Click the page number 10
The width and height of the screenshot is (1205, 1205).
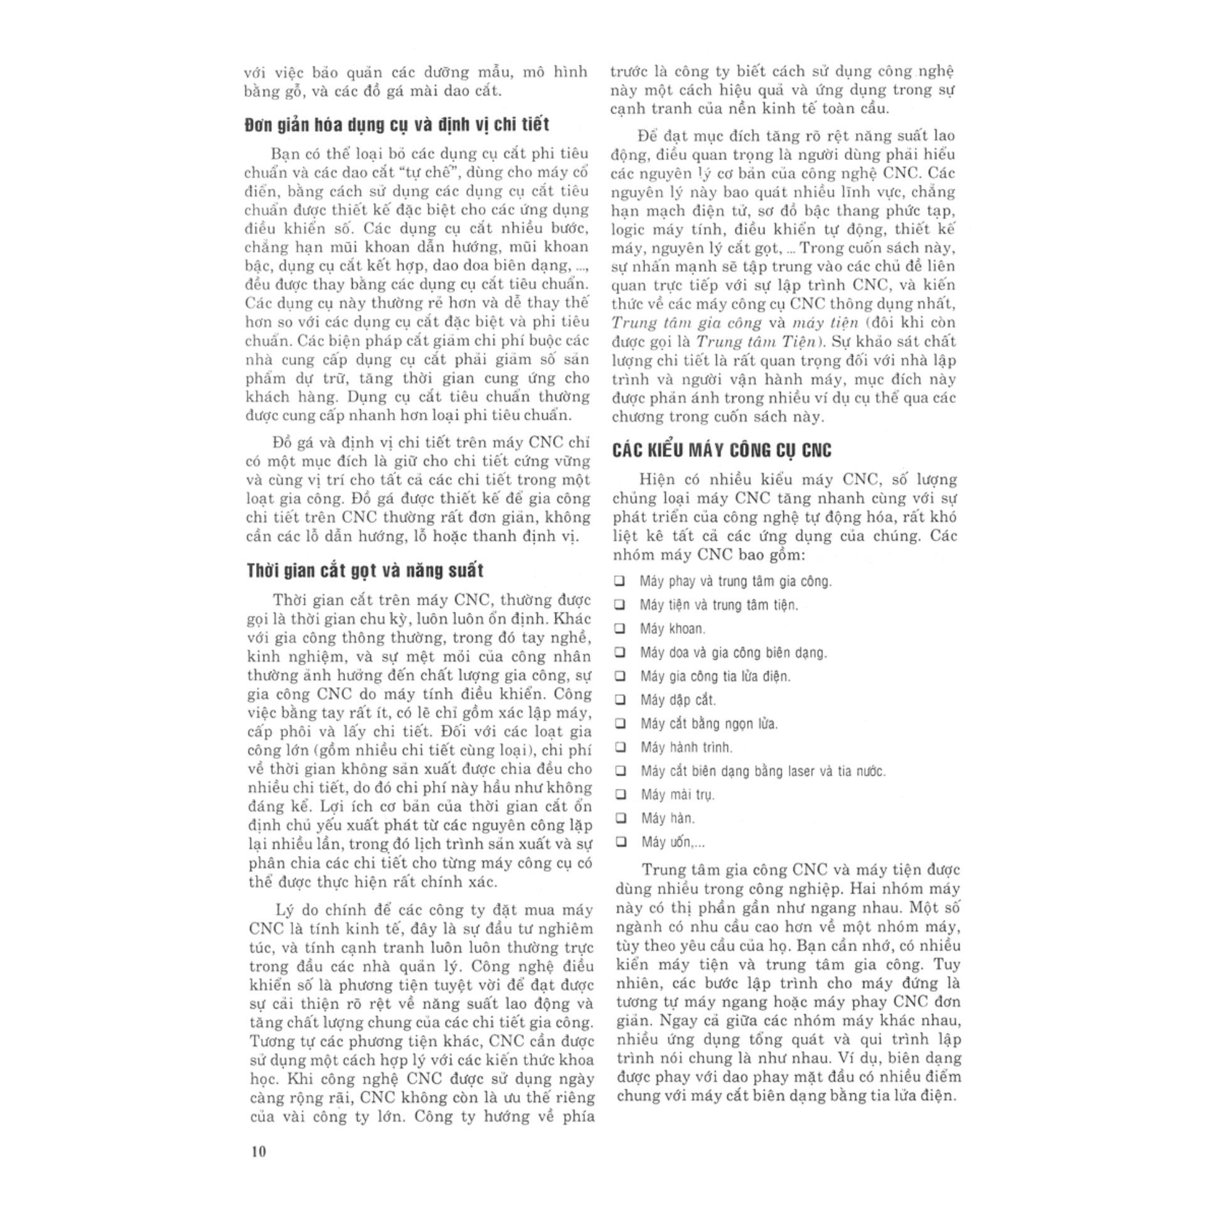coord(258,1152)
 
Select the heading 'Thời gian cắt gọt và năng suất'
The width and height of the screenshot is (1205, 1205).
coord(365,570)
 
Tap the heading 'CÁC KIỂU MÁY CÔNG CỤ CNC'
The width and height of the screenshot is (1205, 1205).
coord(722,450)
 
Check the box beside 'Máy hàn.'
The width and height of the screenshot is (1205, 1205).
coord(621,818)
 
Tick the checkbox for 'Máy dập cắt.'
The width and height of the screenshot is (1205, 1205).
coord(621,700)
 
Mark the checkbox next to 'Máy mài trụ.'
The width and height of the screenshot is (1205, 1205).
coord(621,795)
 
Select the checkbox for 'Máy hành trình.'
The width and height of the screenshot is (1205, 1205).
coord(621,747)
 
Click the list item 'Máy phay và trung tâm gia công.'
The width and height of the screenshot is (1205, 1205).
coord(735,581)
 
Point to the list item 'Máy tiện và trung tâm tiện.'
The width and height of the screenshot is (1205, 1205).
coord(719,605)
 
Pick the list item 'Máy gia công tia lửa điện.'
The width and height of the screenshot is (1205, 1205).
coord(715,677)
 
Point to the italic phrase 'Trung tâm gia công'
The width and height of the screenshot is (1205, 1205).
coord(686,323)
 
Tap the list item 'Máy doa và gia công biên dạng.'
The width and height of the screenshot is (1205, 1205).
coord(733,653)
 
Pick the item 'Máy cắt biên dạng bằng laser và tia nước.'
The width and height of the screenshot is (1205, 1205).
coord(763,771)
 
